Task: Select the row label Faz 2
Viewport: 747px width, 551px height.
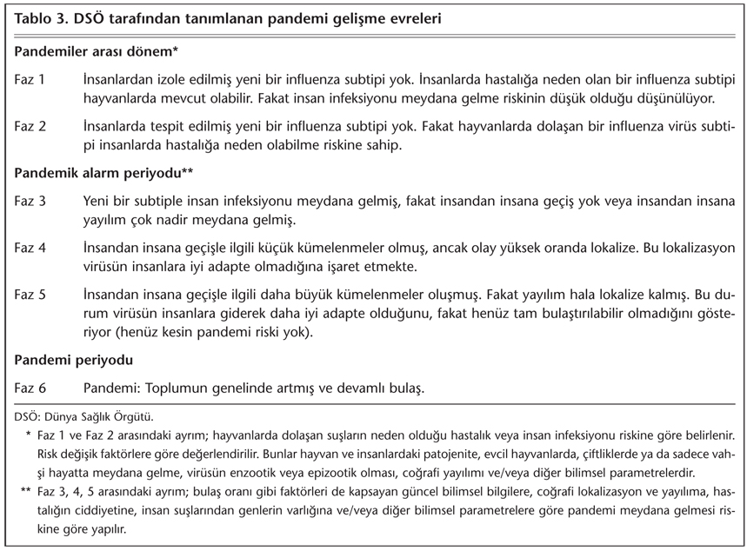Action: tap(31, 127)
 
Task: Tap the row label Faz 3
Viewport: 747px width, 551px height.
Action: tap(31, 201)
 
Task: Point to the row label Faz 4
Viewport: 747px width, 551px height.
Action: tap(31, 249)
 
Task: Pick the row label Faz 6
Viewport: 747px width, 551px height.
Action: tap(31, 386)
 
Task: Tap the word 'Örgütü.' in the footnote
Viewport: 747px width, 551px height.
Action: tap(135, 417)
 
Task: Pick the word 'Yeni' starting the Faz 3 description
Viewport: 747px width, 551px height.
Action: tap(98, 201)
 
